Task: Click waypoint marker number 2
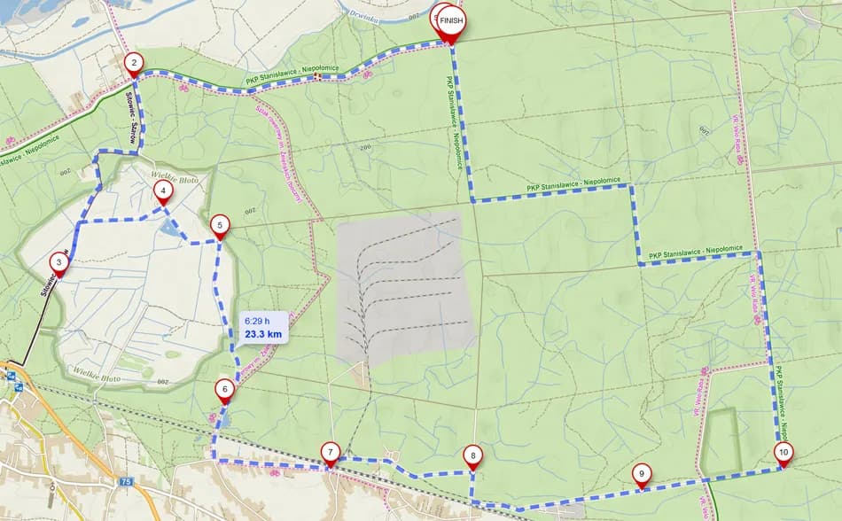(133, 63)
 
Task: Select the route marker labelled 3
(58, 262)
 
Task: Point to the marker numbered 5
(220, 225)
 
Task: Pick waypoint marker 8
(472, 456)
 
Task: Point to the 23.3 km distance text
(263, 334)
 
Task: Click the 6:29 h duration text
(259, 320)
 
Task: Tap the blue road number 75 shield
(125, 482)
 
